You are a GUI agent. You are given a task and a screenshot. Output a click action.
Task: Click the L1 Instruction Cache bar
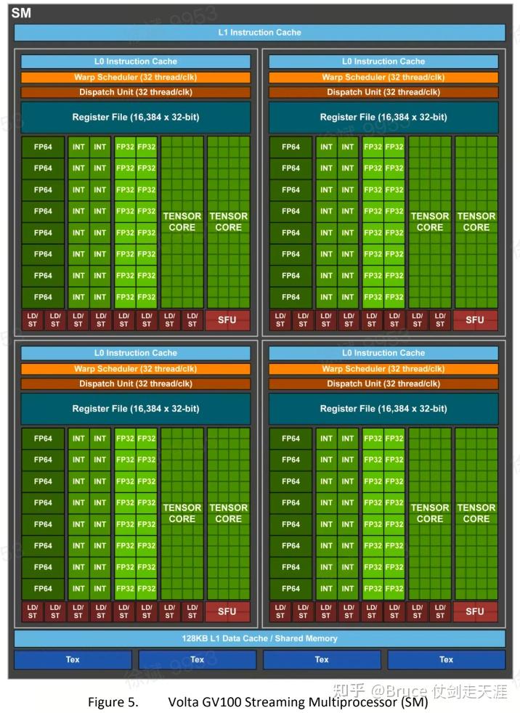pos(259,33)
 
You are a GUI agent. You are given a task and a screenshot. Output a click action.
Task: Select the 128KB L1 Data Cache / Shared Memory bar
pos(259,638)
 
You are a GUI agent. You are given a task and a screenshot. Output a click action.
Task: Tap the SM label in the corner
pos(21,13)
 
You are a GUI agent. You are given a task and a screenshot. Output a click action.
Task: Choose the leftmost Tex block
pos(73,659)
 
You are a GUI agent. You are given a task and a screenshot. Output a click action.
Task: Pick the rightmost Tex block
pos(446,659)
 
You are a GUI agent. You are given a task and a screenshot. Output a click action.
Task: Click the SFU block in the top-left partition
pos(227,320)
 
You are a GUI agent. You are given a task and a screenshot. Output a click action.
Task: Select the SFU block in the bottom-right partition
pos(475,611)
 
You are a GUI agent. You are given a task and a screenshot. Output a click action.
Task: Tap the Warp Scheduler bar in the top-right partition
pos(383,77)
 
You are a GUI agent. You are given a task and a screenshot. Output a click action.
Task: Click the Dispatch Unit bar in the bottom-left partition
pos(136,383)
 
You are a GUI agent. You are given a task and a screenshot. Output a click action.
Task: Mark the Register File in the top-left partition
pos(136,117)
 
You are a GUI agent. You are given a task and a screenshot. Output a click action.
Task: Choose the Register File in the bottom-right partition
pos(383,409)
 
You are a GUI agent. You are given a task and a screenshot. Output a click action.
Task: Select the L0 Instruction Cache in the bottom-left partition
pos(136,353)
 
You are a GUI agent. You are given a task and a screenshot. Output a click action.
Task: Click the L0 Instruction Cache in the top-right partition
pos(383,62)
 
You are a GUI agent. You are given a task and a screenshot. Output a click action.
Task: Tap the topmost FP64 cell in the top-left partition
pos(43,147)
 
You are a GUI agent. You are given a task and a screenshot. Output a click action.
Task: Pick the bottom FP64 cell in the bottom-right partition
pos(291,589)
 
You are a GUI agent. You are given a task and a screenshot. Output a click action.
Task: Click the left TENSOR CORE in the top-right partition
pos(430,221)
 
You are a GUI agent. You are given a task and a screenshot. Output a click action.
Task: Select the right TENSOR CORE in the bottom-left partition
pos(228,513)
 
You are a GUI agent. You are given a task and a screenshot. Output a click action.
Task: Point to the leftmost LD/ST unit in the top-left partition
pos(32,320)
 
